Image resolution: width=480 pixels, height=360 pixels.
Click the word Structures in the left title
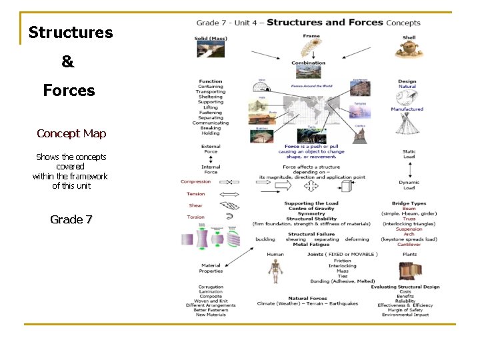pos(71,33)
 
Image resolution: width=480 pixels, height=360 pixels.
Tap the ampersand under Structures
pos(68,62)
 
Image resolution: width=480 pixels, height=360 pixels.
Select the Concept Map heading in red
pos(71,133)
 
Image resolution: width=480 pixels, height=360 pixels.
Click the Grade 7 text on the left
pos(71,219)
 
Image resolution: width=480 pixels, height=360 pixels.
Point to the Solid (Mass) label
pos(211,38)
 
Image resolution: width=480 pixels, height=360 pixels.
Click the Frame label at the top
pos(311,36)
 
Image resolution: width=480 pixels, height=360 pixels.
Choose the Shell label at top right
pos(409,38)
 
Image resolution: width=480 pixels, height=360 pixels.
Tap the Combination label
pos(308,63)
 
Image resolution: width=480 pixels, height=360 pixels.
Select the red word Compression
pos(195,181)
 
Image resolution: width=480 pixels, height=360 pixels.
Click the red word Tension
pos(196,194)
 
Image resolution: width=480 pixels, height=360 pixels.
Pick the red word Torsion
pos(196,217)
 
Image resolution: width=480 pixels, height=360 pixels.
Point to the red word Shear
pos(195,206)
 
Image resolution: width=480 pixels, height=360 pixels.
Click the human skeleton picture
pos(275,271)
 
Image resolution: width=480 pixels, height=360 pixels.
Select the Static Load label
pos(409,154)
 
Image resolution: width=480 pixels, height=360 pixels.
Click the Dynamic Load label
pos(409,185)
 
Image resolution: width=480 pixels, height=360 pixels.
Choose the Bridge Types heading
pos(409,203)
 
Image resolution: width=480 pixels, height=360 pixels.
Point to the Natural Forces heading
pos(307,298)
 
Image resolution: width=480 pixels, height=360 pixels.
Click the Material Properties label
pos(211,268)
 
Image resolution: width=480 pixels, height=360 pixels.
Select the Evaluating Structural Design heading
pos(405,287)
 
